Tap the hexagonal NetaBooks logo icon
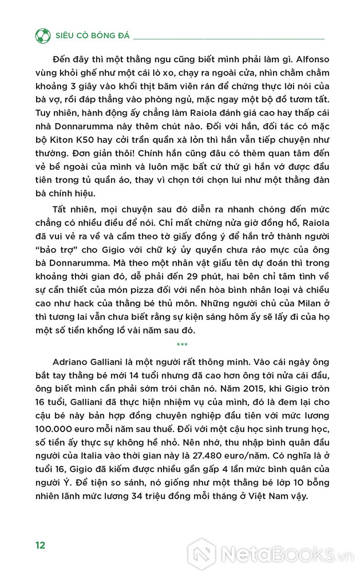[202, 553]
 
